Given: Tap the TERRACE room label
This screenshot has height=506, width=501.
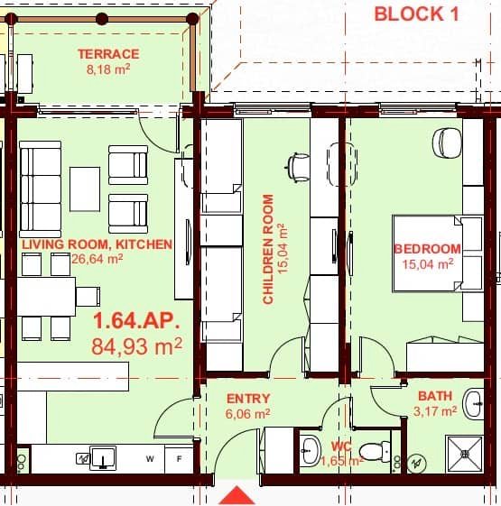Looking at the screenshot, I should (x=107, y=54).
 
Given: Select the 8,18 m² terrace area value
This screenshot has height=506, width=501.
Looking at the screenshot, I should (x=107, y=69).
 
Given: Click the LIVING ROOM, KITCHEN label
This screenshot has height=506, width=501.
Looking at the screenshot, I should (x=97, y=244).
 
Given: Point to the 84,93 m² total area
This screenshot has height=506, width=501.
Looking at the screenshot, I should (x=137, y=345).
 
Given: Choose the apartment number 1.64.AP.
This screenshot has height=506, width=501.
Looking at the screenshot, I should (x=137, y=321).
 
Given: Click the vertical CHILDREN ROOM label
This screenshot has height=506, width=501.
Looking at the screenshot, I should (x=269, y=250).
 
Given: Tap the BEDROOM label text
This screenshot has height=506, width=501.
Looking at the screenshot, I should (x=427, y=249).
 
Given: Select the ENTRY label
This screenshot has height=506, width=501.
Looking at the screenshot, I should (x=248, y=399).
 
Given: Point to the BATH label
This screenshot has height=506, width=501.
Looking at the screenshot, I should (x=435, y=396).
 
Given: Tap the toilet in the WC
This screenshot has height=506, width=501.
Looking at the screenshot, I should (x=371, y=450).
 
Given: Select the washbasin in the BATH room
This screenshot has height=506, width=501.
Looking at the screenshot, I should (x=474, y=402).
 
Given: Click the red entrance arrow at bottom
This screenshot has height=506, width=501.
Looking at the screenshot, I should (x=237, y=495).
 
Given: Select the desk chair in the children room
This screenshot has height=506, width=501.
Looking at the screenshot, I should (x=297, y=165).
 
